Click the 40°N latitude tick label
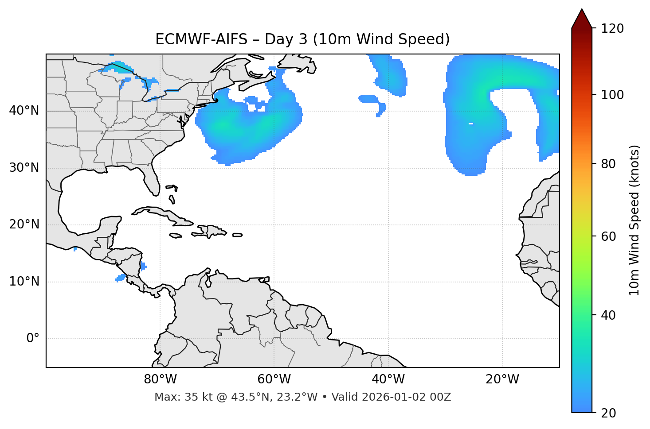24,111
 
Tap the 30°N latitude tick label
24,168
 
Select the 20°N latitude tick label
24,224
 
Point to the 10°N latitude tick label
24,282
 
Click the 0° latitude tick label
32,339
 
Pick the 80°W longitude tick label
160,379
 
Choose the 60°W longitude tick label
274,379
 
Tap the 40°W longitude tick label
388,379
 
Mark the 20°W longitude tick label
502,379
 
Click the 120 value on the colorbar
612,29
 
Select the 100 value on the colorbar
612,95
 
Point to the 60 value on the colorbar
609,236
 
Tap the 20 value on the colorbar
609,413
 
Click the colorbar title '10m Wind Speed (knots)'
634,220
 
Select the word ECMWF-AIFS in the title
201,39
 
